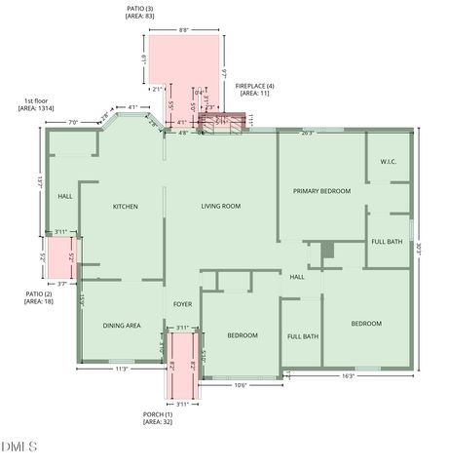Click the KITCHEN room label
[x=125, y=207]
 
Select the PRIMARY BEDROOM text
[x=321, y=191]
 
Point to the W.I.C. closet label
[x=388, y=162]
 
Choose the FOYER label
[x=183, y=304]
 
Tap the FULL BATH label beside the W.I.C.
[x=387, y=242]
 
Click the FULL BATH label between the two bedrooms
[x=303, y=336]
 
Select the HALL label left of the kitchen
[x=65, y=197]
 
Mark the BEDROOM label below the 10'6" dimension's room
[x=243, y=335]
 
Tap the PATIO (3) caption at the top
[x=140, y=12]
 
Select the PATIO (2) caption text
[x=40, y=297]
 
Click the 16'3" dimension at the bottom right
[x=348, y=375]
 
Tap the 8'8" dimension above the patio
[x=184, y=31]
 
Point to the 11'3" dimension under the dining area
[x=122, y=370]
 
